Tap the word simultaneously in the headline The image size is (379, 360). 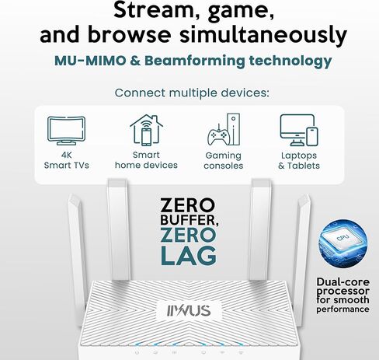[263, 35]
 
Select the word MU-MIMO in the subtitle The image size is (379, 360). [90, 61]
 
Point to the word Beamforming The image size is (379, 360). [195, 61]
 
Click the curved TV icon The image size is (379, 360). [67, 131]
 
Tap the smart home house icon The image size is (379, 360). [146, 130]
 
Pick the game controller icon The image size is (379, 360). [218, 135]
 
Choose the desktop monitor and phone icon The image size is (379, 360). [299, 130]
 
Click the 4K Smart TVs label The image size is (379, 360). [67, 160]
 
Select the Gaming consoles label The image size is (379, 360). [224, 161]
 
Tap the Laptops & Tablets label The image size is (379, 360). [299, 161]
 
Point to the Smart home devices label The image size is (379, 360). [146, 160]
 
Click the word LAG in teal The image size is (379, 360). [189, 256]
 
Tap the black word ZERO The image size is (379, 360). [187, 205]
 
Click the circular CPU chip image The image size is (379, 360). [342, 244]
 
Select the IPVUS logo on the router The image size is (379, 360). [189, 311]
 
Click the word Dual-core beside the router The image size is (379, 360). [343, 282]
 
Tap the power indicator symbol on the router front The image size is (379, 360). [137, 352]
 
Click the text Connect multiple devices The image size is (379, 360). [192, 93]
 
